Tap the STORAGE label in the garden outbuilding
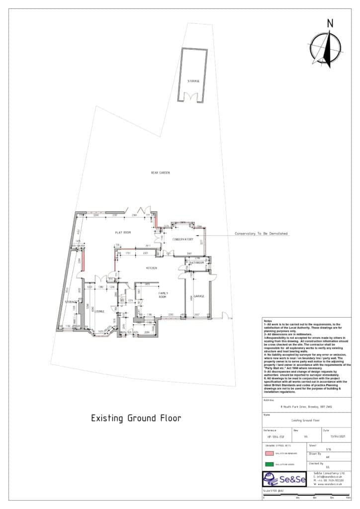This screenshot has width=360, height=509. [x=193, y=81]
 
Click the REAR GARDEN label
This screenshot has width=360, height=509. [x=161, y=172]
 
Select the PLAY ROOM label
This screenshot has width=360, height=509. [x=123, y=232]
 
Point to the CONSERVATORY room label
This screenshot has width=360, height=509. [x=182, y=239]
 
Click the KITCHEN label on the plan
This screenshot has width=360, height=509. [x=151, y=268]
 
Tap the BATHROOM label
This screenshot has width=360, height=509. [x=197, y=262]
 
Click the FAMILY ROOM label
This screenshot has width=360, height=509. [x=163, y=295]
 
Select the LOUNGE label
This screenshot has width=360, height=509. [x=100, y=312]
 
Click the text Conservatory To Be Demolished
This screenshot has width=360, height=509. [x=261, y=233]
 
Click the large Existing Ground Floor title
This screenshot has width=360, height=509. [x=136, y=418]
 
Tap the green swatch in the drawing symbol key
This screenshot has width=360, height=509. [x=269, y=464]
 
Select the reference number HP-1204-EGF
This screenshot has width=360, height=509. [x=275, y=437]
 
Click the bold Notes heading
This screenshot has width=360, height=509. [x=268, y=321]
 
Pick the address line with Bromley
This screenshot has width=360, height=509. [x=306, y=407]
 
